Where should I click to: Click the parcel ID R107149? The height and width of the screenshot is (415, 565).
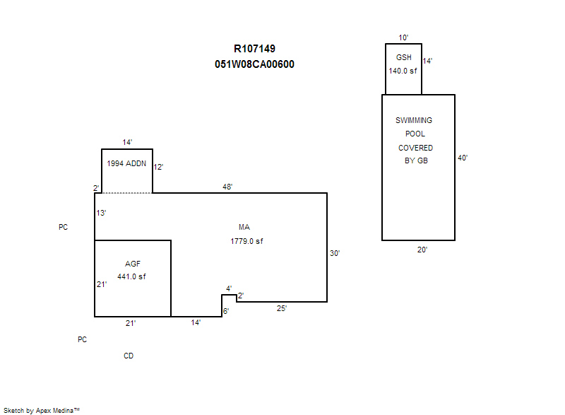254,49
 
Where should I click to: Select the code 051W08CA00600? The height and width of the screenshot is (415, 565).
254,64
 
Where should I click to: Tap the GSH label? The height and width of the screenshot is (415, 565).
403,57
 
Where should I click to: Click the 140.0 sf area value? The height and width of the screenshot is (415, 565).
403,71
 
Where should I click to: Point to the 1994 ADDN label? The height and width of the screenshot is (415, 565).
126,163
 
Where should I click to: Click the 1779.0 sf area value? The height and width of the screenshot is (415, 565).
246,241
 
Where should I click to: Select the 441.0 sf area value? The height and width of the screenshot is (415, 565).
131,276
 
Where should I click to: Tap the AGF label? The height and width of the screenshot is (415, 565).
133,264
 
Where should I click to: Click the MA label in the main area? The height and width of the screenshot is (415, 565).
244,227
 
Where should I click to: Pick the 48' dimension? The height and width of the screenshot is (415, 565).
227,187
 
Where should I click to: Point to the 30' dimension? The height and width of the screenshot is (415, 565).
335,252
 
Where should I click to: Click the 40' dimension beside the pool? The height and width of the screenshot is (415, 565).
463,158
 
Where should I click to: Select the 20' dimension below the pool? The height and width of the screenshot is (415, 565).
422,250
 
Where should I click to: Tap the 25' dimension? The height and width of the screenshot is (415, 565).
282,308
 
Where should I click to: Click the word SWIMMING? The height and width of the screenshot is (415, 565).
414,121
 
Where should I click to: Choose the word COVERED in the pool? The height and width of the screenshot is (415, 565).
415,148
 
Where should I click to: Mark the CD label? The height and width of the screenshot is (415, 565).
129,356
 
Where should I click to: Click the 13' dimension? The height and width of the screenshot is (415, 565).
102,213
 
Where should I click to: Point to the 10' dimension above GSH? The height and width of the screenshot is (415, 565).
403,37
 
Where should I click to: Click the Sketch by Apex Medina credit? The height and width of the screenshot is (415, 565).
41,410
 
